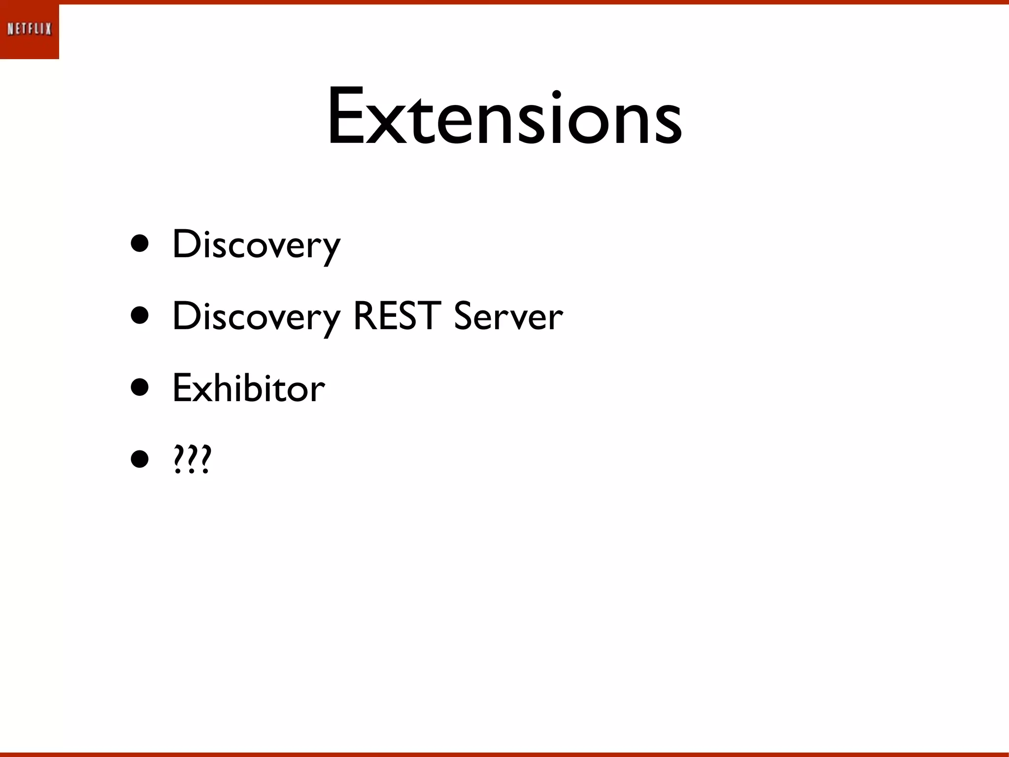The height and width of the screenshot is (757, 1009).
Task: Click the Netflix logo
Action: (30, 30)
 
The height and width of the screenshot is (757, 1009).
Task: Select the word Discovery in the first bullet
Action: (256, 245)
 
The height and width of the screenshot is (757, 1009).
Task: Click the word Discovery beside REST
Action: (256, 317)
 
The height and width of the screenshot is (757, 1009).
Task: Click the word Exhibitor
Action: (249, 388)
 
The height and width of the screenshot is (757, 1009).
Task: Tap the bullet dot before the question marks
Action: (140, 460)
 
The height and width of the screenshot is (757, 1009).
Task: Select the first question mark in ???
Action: (178, 459)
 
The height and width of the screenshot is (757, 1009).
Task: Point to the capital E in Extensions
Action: (345, 117)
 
